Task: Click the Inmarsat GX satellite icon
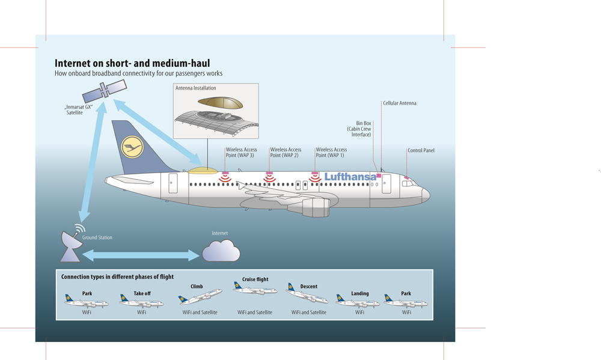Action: (105, 91)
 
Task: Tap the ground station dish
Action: (70, 246)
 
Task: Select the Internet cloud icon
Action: (221, 251)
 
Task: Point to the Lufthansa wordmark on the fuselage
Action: (350, 177)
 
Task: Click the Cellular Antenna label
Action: (400, 103)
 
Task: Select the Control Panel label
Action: (421, 150)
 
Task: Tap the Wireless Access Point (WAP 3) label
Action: (241, 153)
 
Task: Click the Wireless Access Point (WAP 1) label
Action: (331, 153)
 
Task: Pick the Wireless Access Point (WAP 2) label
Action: (285, 153)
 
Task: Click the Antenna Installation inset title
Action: (196, 88)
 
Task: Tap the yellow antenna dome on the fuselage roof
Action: (203, 171)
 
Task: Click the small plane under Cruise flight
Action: (255, 290)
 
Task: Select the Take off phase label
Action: (142, 293)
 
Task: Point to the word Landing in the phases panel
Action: (360, 293)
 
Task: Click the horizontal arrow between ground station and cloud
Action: (141, 255)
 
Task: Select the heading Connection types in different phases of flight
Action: (117, 277)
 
